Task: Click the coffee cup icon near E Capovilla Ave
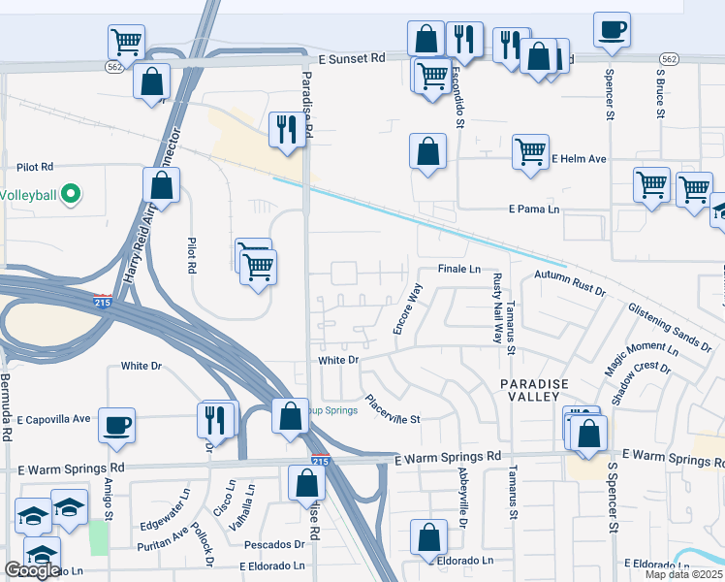click(x=116, y=425)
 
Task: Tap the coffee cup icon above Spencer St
click(x=611, y=29)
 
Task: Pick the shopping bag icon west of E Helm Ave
click(x=427, y=151)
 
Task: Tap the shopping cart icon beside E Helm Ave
click(x=530, y=151)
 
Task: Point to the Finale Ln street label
click(x=459, y=269)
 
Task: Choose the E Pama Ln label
click(x=534, y=209)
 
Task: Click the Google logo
click(x=32, y=570)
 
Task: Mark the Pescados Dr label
click(x=274, y=544)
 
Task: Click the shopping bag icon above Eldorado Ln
click(x=428, y=537)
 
